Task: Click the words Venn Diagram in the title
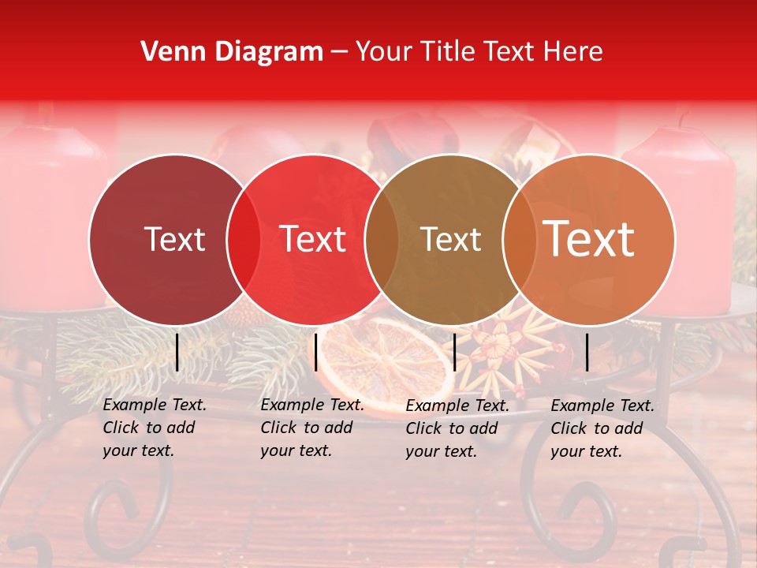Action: pyautogui.click(x=232, y=52)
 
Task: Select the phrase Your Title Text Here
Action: pyautogui.click(x=479, y=52)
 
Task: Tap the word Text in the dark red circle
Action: pyautogui.click(x=174, y=239)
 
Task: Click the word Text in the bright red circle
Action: pyautogui.click(x=313, y=239)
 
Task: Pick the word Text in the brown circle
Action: pyautogui.click(x=451, y=239)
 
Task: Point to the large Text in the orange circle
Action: pyautogui.click(x=589, y=238)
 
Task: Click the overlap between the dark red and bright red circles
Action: pyautogui.click(x=244, y=239)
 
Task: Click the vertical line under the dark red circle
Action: pyautogui.click(x=177, y=352)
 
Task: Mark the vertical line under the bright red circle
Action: pyautogui.click(x=315, y=352)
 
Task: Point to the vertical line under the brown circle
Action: pyautogui.click(x=454, y=352)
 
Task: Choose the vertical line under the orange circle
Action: pyautogui.click(x=587, y=352)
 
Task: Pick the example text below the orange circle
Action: pyautogui.click(x=602, y=428)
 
